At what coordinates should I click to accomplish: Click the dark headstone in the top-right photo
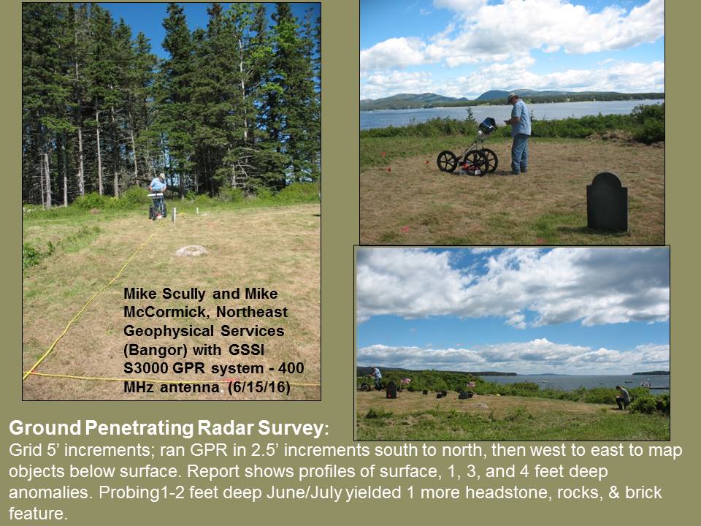607,202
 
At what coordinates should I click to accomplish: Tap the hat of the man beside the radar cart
513,96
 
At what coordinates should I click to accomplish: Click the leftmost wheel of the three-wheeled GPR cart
448,161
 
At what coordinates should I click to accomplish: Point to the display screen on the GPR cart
487,126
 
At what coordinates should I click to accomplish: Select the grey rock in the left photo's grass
191,251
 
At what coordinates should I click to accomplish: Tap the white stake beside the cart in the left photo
174,215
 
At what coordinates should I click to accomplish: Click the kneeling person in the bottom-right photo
622,397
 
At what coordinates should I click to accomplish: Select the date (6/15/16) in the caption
259,387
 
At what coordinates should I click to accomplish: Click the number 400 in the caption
291,368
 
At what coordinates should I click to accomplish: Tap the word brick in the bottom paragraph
643,492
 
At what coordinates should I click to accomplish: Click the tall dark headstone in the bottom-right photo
391,389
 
